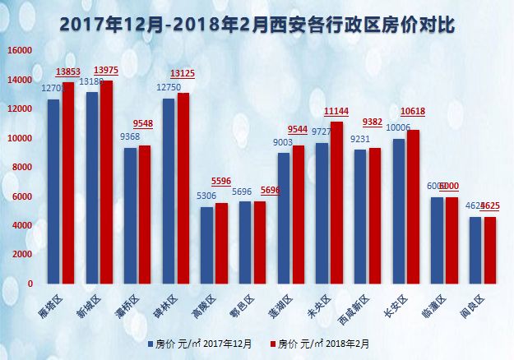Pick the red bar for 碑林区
tap(183, 188)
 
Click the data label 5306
tap(207, 196)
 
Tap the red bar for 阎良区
tap(490, 250)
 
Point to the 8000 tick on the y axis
tap(22, 168)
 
